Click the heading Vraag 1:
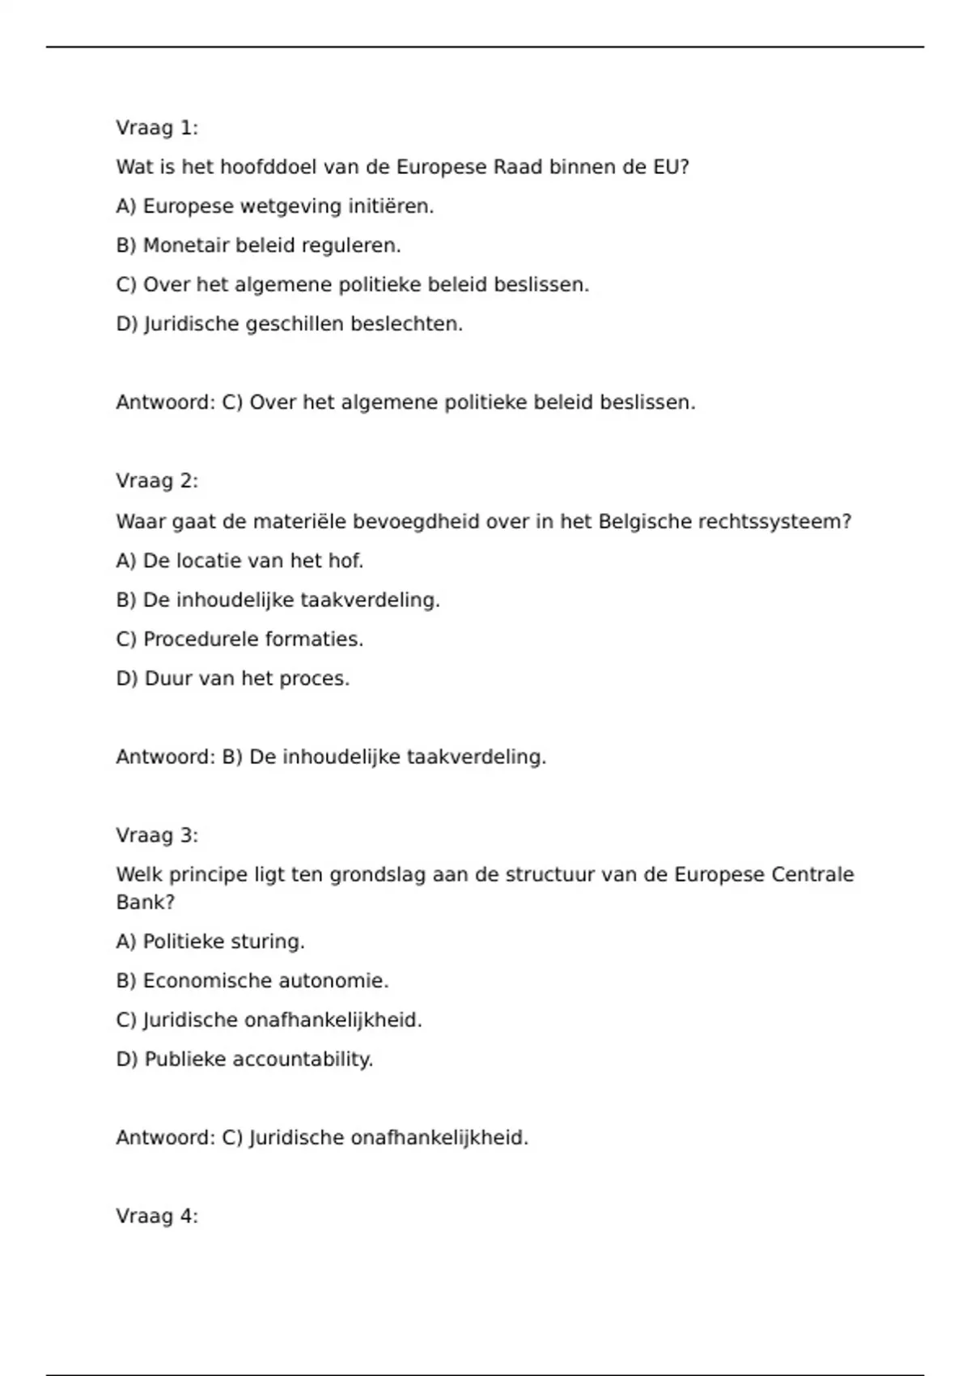point(157,128)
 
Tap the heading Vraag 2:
point(157,481)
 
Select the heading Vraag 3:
point(157,835)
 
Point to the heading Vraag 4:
point(157,1216)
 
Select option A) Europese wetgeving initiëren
point(275,206)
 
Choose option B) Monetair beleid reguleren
point(259,245)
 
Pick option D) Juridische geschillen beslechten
point(290,324)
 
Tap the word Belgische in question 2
point(644,521)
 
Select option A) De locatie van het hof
point(240,560)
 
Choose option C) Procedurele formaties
point(240,639)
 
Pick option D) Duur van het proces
point(233,678)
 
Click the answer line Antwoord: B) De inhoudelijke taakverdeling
point(331,757)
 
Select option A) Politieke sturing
point(210,941)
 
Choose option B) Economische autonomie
point(252,980)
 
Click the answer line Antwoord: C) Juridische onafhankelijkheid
point(322,1137)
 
